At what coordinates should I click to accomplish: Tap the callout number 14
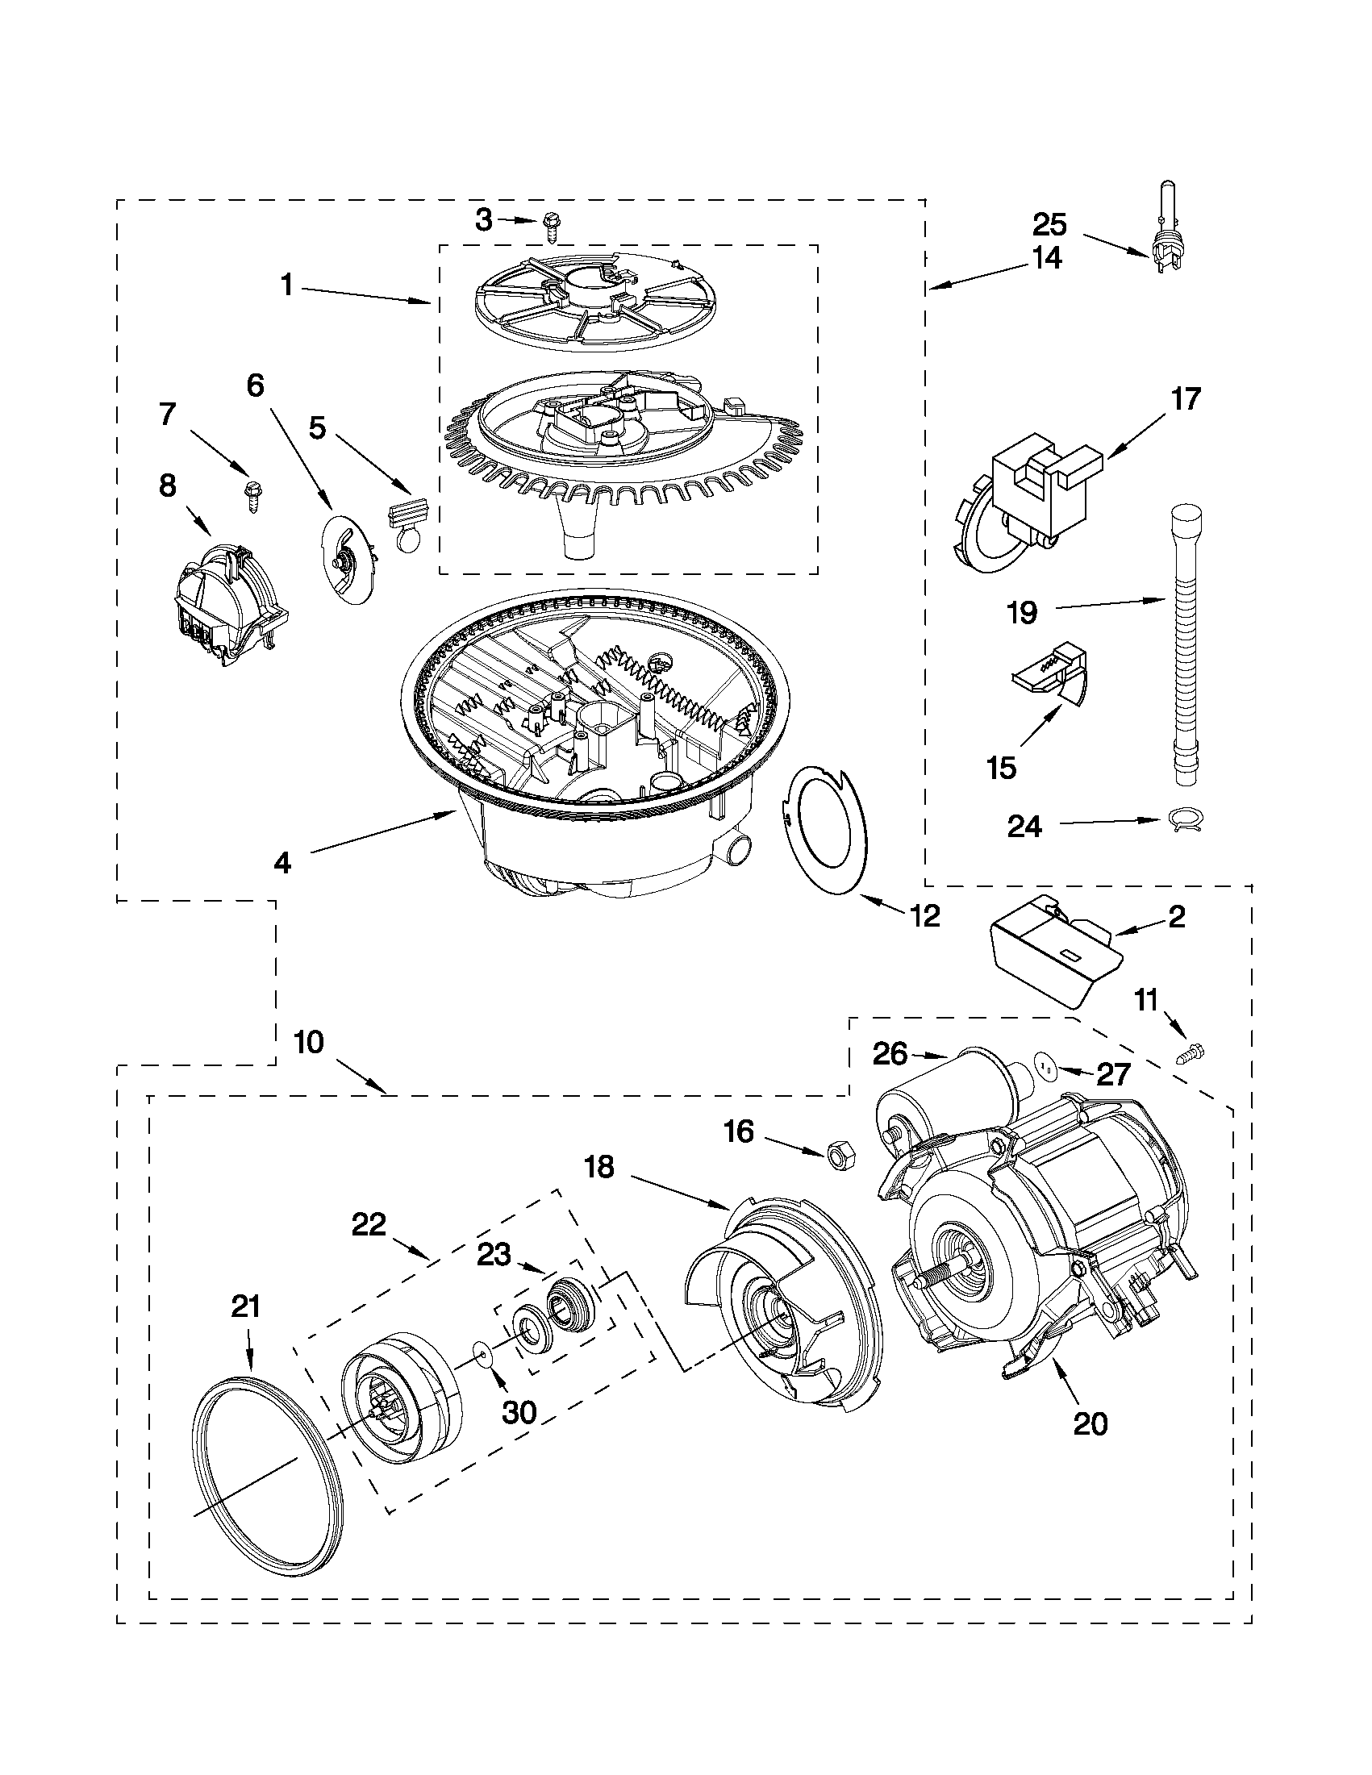point(1047,257)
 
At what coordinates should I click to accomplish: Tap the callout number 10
point(309,1042)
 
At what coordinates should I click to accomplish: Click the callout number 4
point(282,862)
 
